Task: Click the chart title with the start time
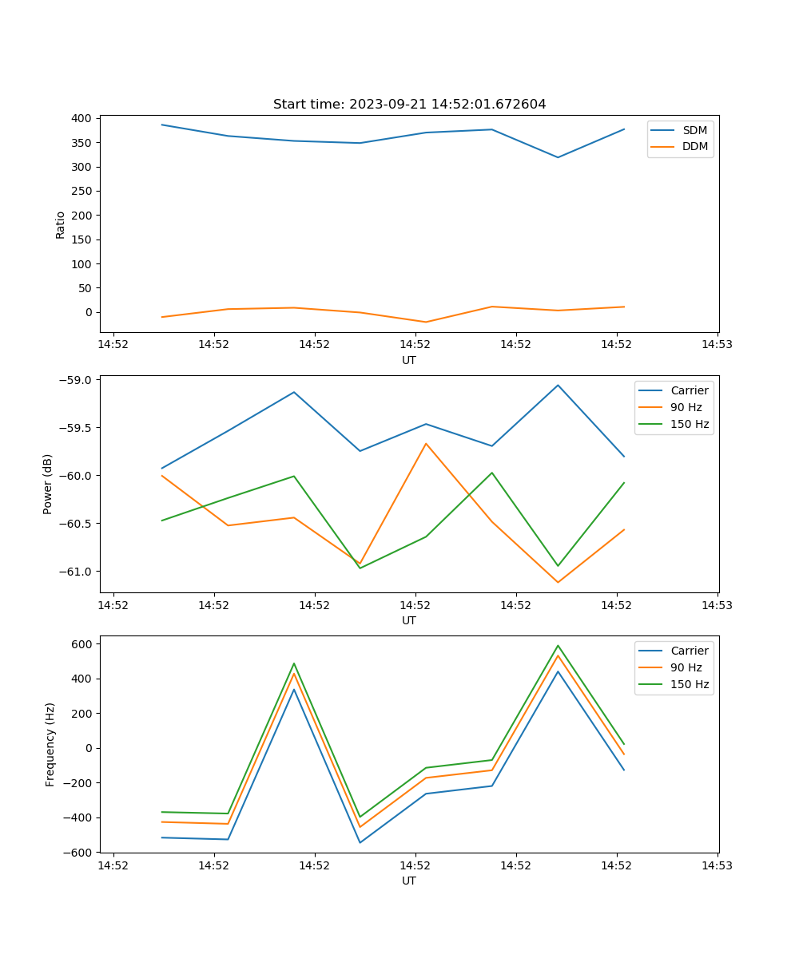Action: (x=409, y=105)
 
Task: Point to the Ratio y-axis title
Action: (x=61, y=225)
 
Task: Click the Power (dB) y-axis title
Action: (x=48, y=484)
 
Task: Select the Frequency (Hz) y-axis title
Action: (x=50, y=744)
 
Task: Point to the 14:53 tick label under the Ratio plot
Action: (x=717, y=345)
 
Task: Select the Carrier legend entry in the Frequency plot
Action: (x=689, y=651)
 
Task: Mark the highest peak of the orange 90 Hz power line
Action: (x=426, y=443)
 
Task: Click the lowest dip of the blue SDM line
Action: (x=558, y=157)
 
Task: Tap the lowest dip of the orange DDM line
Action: (x=426, y=322)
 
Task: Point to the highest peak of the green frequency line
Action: (x=558, y=646)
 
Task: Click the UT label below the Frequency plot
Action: (x=409, y=881)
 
